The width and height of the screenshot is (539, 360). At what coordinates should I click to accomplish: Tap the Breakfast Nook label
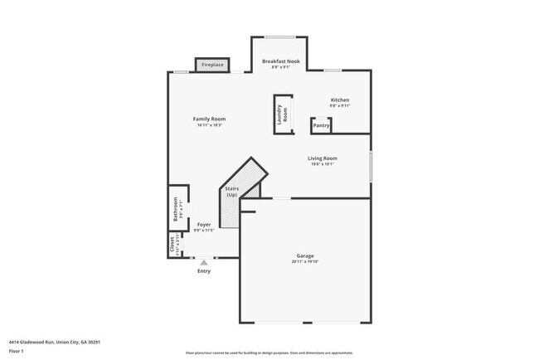[x=280, y=61]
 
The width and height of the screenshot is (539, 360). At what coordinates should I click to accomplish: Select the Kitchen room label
[x=340, y=100]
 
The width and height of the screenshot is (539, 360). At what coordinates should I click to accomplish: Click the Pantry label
[x=321, y=126]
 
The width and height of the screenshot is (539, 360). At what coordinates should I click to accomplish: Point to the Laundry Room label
[x=282, y=115]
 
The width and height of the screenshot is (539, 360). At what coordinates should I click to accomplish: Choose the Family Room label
[x=209, y=119]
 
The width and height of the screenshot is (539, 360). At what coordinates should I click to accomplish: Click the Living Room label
[x=322, y=158]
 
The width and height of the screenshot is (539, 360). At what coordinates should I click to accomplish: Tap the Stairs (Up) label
[x=232, y=192]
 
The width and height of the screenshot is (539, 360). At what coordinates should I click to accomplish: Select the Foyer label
[x=203, y=224]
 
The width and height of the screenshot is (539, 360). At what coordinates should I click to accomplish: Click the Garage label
[x=305, y=255]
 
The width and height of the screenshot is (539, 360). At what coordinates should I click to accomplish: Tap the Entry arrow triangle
[x=204, y=262]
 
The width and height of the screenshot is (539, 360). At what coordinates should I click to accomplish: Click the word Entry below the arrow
[x=204, y=271]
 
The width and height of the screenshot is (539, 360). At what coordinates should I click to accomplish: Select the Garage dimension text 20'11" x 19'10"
[x=305, y=262]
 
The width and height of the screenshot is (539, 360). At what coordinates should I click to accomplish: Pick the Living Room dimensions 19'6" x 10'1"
[x=322, y=164]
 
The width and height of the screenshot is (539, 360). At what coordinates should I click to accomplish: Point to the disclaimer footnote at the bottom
[x=269, y=353]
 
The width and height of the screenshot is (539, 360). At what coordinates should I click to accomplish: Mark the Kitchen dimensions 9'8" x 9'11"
[x=340, y=106]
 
